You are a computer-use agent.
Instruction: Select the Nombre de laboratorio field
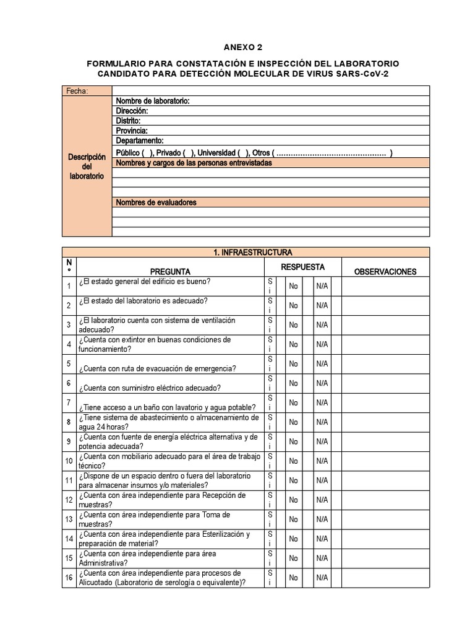point(152,101)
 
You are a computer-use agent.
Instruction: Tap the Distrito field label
point(128,121)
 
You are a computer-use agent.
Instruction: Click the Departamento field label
point(139,141)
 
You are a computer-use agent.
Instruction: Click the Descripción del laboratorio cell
point(87,167)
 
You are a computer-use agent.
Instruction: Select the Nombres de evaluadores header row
point(271,202)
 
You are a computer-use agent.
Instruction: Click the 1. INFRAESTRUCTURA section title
point(246,252)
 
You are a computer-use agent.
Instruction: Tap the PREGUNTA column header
point(170,271)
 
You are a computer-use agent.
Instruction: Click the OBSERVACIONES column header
point(385,271)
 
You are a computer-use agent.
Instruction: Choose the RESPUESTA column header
point(303,267)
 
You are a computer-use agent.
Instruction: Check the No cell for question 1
point(293,286)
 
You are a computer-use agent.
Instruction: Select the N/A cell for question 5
point(322,364)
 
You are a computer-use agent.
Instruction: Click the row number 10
point(69,461)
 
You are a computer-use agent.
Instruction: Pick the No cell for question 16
point(293,578)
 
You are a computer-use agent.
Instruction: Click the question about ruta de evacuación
point(157,368)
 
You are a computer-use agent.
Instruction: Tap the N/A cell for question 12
point(322,500)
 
